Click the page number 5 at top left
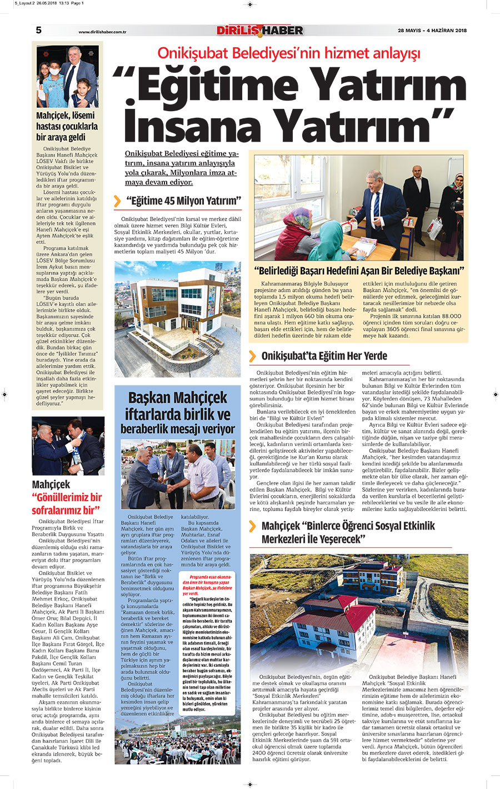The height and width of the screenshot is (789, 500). point(38,30)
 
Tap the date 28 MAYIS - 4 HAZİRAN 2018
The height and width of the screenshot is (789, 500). point(432,31)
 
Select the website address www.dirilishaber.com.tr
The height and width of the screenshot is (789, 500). point(103,32)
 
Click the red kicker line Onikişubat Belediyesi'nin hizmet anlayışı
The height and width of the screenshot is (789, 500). point(289,53)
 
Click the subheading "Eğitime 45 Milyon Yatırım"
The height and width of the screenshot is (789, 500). point(183,201)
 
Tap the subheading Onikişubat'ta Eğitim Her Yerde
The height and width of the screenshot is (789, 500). point(324,356)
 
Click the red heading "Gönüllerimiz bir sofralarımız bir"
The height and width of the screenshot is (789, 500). point(67,503)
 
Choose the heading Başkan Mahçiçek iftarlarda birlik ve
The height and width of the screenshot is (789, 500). point(177,406)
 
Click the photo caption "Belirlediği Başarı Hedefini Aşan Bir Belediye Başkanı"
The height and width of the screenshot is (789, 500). point(359,271)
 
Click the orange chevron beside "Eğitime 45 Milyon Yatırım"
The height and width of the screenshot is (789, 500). point(117,201)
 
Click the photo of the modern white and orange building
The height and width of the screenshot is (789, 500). point(177,319)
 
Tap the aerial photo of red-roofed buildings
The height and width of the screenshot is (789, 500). point(358,612)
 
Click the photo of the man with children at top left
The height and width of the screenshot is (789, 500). point(67,77)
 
